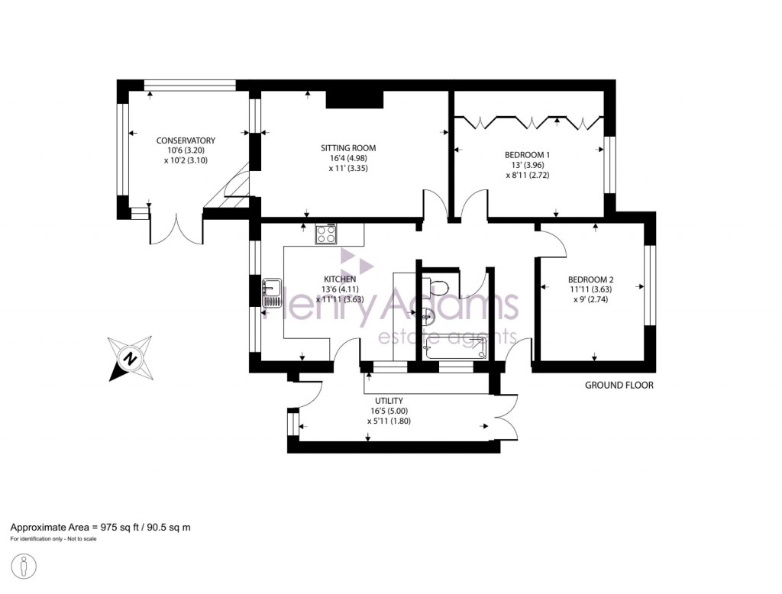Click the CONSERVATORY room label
[186, 140]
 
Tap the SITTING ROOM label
[348, 148]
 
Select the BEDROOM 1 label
[527, 154]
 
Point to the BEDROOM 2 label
[590, 279]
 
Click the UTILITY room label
[389, 400]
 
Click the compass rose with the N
[131, 358]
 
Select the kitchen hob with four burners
[326, 234]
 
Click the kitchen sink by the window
[273, 292]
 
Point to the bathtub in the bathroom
[457, 350]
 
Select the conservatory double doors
[177, 230]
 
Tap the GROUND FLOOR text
[619, 386]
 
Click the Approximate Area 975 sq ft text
[100, 528]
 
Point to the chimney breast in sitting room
[354, 99]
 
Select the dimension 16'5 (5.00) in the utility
[389, 410]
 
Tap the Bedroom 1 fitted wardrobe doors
[529, 120]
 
